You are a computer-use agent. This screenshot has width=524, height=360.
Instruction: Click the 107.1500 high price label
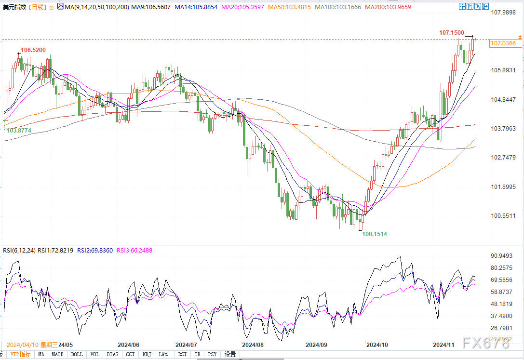click(x=451, y=32)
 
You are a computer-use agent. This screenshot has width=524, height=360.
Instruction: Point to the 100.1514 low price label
click(x=375, y=234)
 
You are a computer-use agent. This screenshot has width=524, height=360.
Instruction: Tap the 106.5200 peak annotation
click(x=33, y=50)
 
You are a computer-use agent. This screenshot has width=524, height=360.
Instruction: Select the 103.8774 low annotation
click(x=19, y=130)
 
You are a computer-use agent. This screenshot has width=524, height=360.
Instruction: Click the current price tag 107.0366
click(x=503, y=43)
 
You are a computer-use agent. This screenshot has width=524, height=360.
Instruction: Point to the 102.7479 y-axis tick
click(x=503, y=158)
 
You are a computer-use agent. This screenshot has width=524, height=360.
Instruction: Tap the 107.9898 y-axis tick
click(x=503, y=13)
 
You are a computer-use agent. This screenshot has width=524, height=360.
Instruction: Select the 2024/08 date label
click(x=253, y=345)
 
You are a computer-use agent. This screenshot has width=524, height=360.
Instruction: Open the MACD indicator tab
click(x=58, y=355)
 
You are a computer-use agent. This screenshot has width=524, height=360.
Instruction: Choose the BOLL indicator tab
click(x=77, y=355)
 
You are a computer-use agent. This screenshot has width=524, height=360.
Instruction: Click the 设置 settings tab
click(x=230, y=355)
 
